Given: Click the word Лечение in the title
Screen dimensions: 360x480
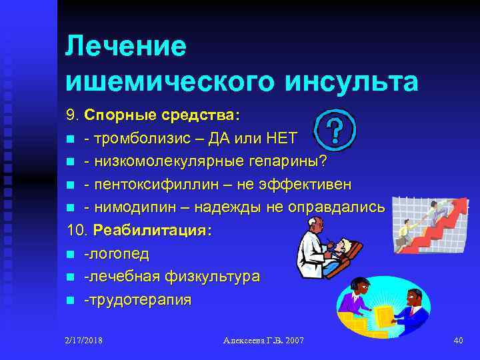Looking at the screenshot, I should [x=126, y=47].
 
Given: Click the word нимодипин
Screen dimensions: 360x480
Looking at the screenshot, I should [x=133, y=207].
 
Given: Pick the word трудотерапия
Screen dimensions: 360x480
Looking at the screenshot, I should [x=138, y=299].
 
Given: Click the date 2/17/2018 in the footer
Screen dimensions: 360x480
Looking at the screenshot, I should [x=84, y=341].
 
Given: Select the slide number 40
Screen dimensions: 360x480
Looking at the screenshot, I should [x=457, y=341].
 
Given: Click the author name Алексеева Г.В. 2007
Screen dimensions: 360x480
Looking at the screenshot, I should [x=263, y=341].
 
